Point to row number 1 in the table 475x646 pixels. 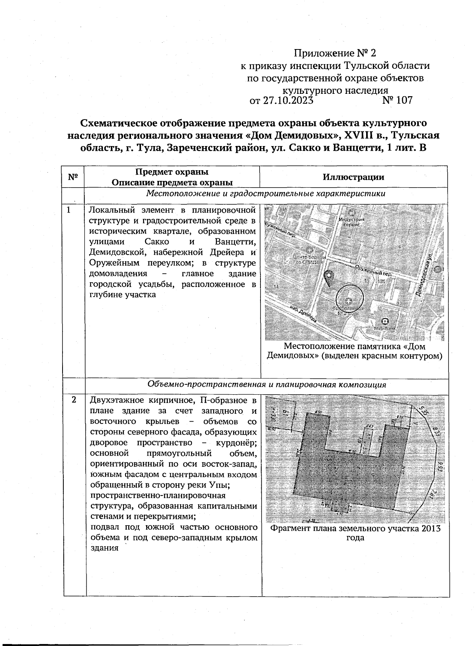click(x=68, y=210)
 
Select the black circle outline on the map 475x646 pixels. click(x=350, y=299)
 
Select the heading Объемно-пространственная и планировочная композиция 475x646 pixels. click(x=266, y=385)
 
